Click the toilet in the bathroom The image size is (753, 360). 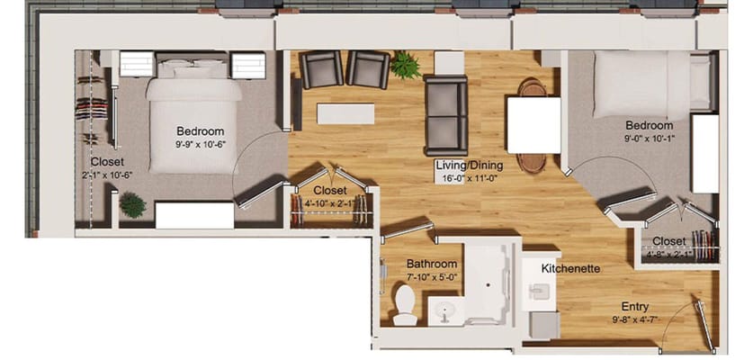[x=404, y=305]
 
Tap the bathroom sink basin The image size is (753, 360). [x=445, y=312]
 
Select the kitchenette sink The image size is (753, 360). [x=541, y=292]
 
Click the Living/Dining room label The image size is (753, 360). [x=470, y=166]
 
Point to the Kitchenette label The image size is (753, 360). [x=570, y=269]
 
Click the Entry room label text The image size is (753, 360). [x=635, y=307]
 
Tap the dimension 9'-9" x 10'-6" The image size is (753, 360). [x=201, y=144]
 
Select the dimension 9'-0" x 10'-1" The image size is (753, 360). [x=650, y=138]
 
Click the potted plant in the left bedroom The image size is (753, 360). [x=132, y=205]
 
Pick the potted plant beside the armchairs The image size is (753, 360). [x=406, y=65]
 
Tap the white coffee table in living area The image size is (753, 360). [x=345, y=114]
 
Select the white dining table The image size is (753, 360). [x=534, y=125]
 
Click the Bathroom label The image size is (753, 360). [x=432, y=264]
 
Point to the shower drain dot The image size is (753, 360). [x=489, y=285]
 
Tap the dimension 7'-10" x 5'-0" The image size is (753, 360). [x=432, y=277]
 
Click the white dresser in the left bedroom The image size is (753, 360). [x=194, y=215]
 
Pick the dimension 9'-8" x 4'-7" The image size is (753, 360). [x=635, y=319]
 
